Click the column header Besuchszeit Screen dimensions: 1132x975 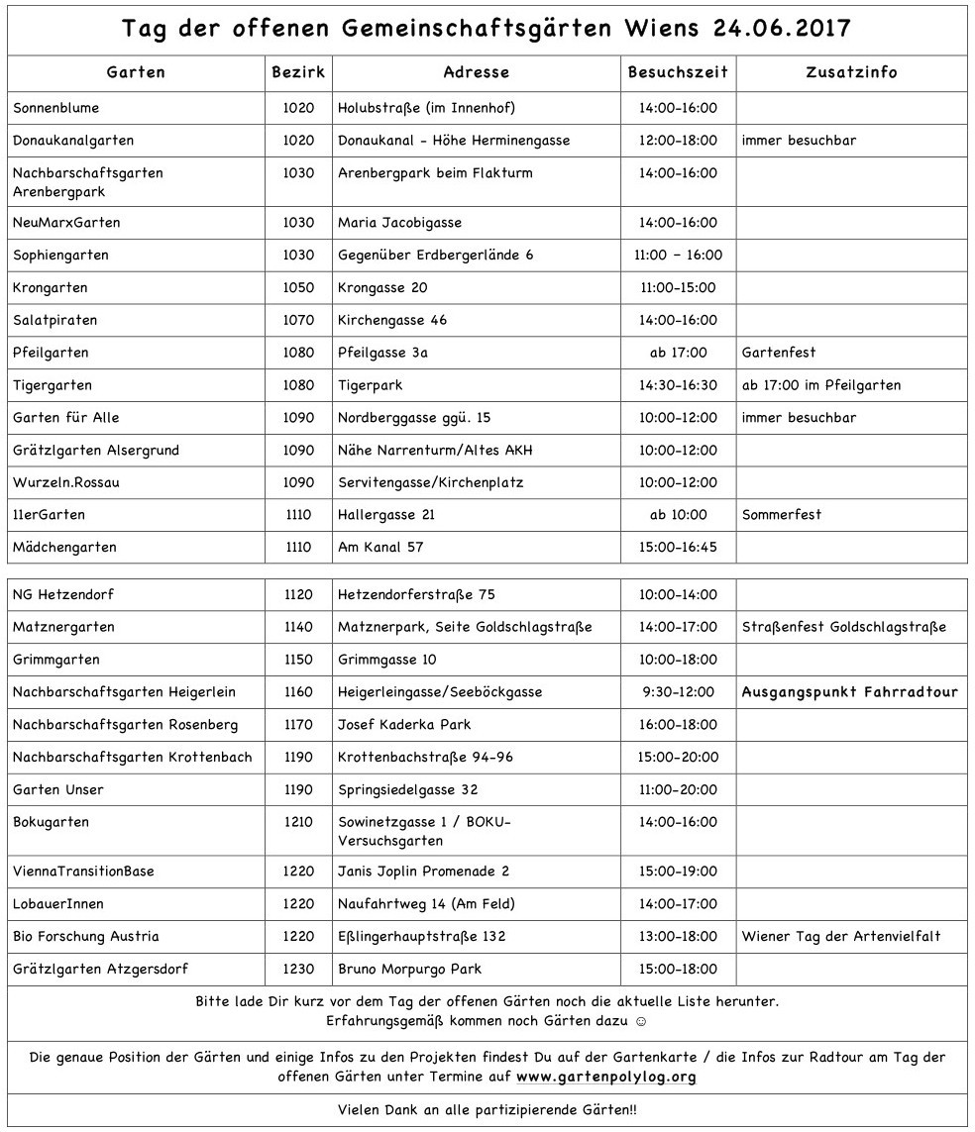click(678, 72)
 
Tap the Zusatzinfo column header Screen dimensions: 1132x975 click(851, 72)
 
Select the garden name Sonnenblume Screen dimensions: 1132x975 click(56, 108)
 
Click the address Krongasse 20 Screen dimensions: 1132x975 click(382, 288)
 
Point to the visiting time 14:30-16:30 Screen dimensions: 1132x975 click(678, 385)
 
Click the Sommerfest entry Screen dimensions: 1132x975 click(781, 515)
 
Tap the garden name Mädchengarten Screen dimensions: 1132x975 click(64, 548)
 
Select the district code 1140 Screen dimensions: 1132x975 click(297, 627)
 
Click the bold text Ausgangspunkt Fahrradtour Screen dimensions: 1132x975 click(849, 692)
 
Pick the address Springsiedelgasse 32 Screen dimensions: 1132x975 click(407, 790)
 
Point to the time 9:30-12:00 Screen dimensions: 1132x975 click(678, 692)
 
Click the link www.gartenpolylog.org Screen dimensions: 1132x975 click(605, 1077)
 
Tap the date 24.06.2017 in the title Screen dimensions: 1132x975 click(782, 28)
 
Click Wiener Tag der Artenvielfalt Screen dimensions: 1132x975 click(840, 937)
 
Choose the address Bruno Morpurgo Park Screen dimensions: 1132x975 click(409, 970)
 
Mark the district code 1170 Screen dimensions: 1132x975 click(297, 725)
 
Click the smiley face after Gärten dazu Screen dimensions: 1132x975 click(641, 1020)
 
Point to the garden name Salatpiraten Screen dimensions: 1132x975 click(54, 321)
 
